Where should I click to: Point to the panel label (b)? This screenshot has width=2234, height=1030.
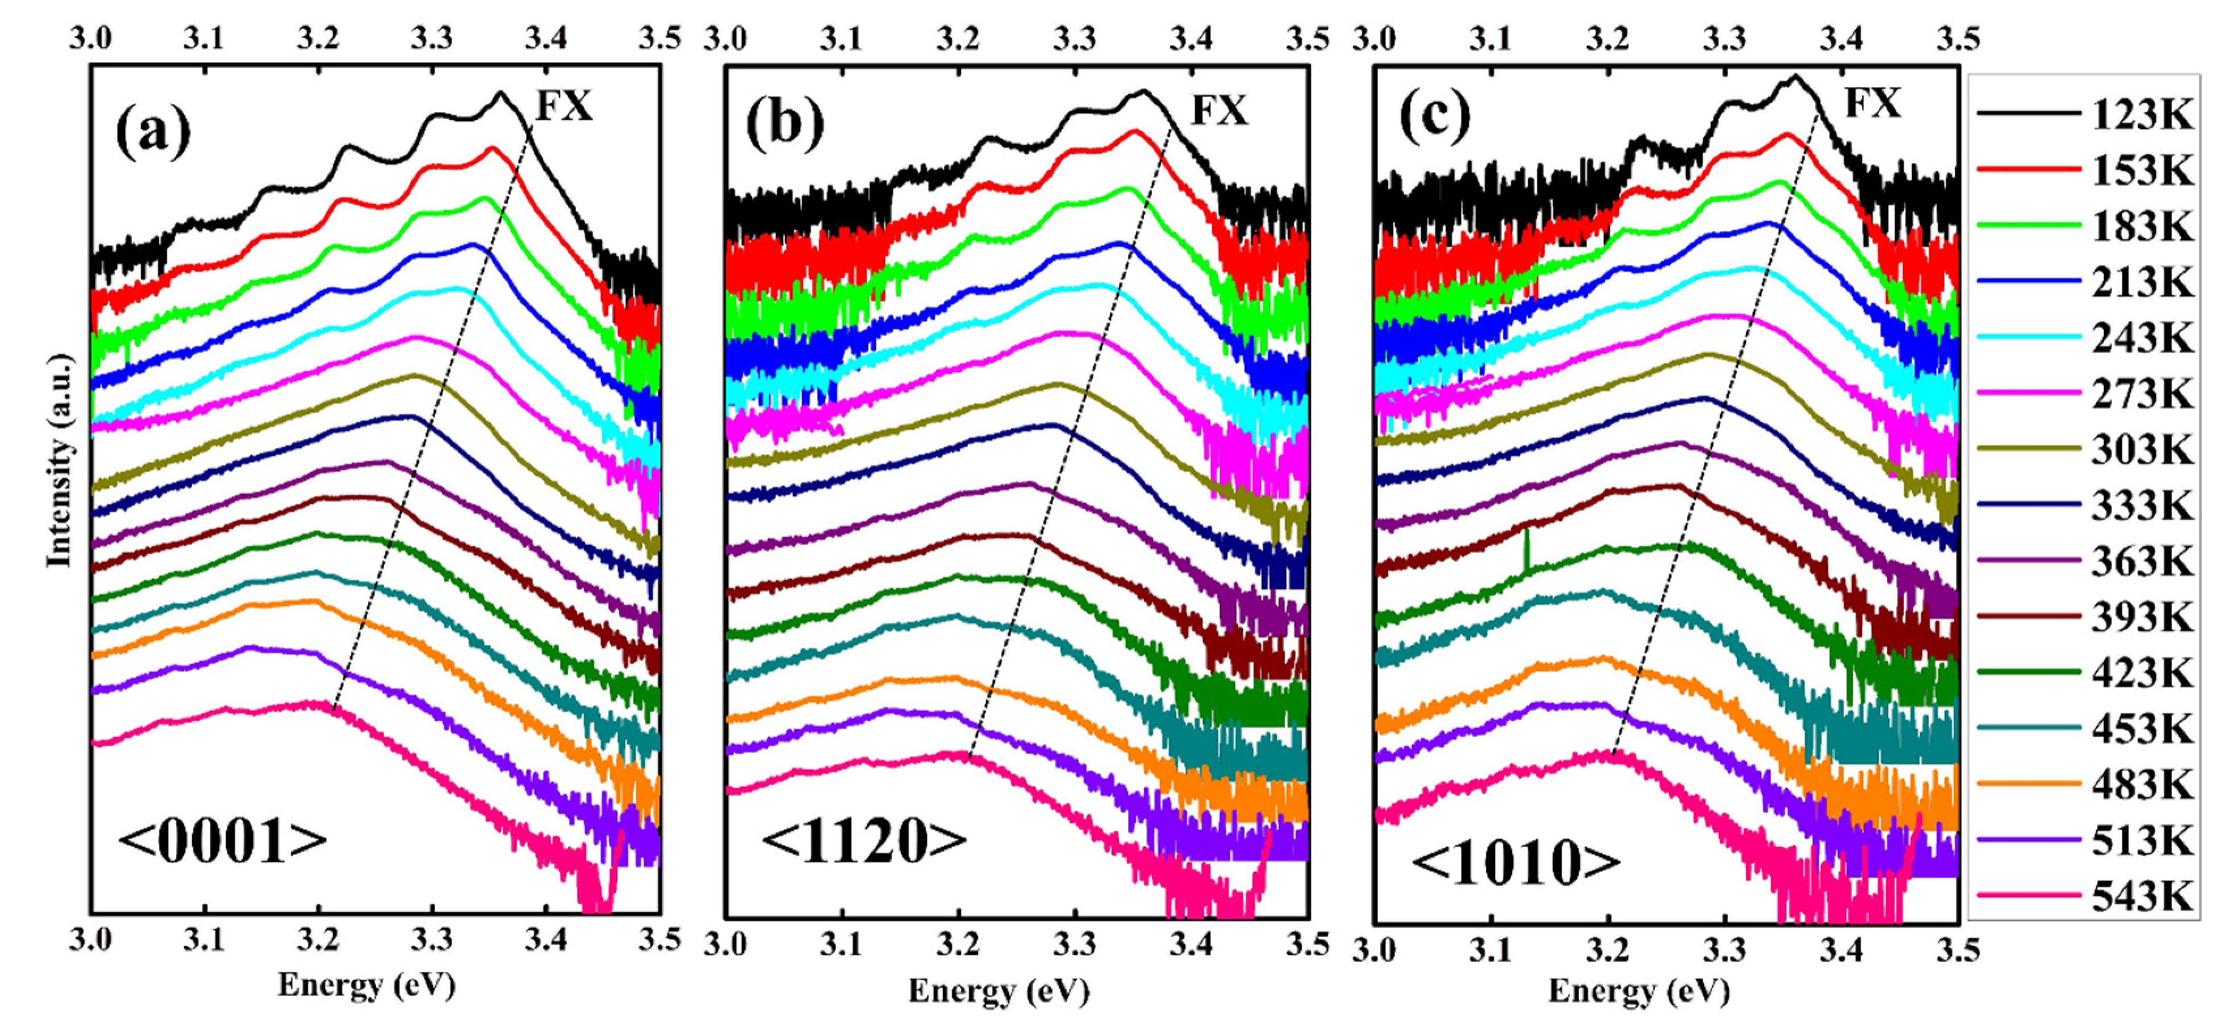[785, 123]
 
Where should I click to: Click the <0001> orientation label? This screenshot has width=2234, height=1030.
[223, 841]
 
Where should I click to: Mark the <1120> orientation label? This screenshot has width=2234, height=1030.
[864, 841]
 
